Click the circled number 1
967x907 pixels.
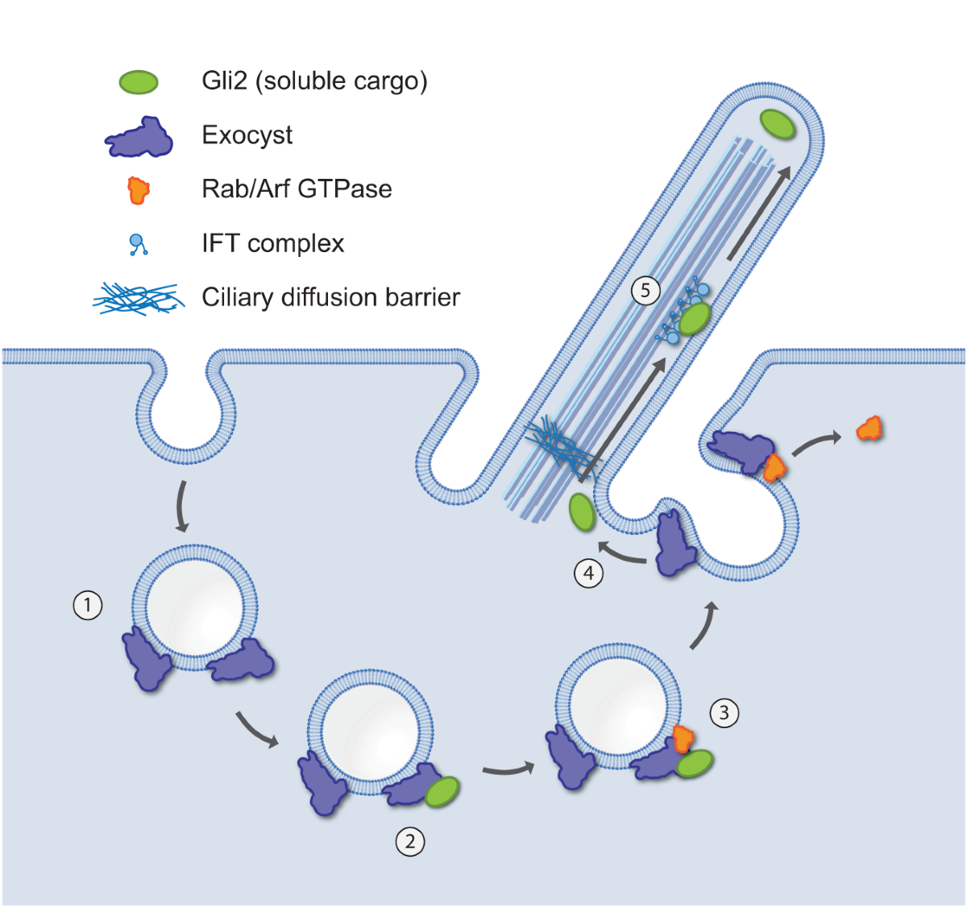tap(88, 605)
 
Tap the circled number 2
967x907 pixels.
tap(410, 842)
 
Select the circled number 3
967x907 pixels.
tap(724, 713)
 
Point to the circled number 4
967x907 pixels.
tap(589, 574)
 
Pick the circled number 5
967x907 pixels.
tap(645, 290)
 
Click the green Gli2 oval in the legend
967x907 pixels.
tap(139, 81)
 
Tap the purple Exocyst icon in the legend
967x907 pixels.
tap(139, 138)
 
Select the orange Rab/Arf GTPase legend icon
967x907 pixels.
tap(139, 191)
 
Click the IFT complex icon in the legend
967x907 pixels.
tap(139, 244)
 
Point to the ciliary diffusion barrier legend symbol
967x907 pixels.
tap(137, 298)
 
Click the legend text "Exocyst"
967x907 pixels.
tap(247, 135)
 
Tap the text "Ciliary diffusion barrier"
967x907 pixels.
tap(330, 297)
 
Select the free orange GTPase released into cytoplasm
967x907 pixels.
tap(869, 428)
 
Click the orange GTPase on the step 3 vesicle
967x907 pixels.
tap(684, 737)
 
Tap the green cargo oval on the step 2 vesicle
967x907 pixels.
tap(442, 792)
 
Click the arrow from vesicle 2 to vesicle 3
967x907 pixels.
tap(508, 770)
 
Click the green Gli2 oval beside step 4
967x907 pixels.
tap(581, 512)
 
